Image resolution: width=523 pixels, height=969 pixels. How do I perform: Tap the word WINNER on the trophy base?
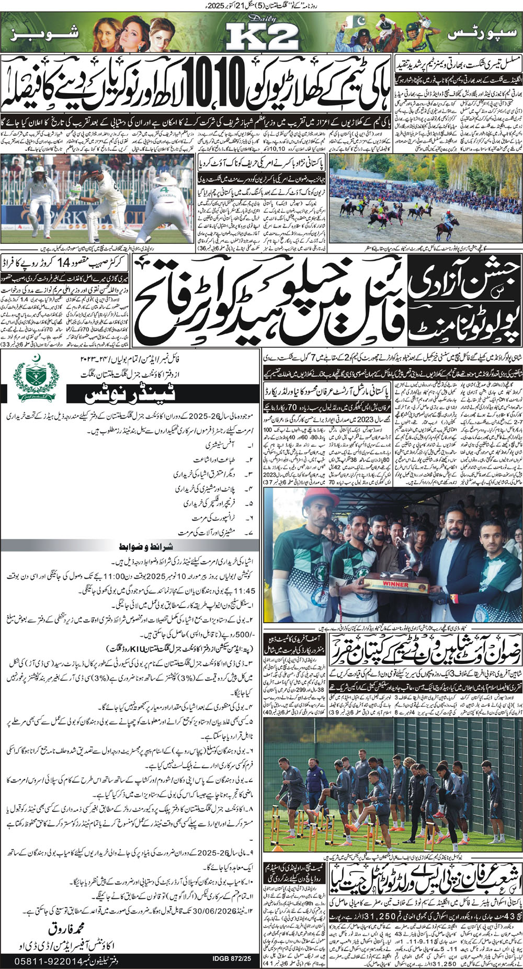[x=395, y=583]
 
